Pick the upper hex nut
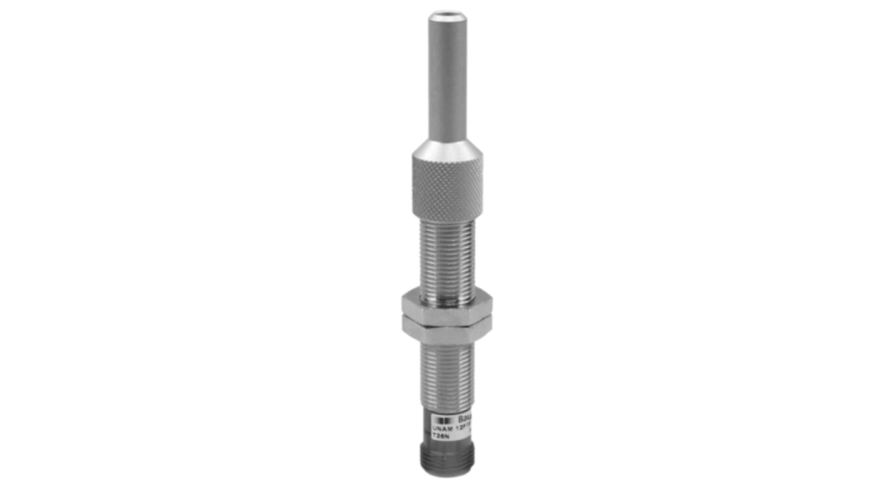click(447, 302)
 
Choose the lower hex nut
click(447, 324)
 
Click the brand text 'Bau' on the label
click(465, 418)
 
